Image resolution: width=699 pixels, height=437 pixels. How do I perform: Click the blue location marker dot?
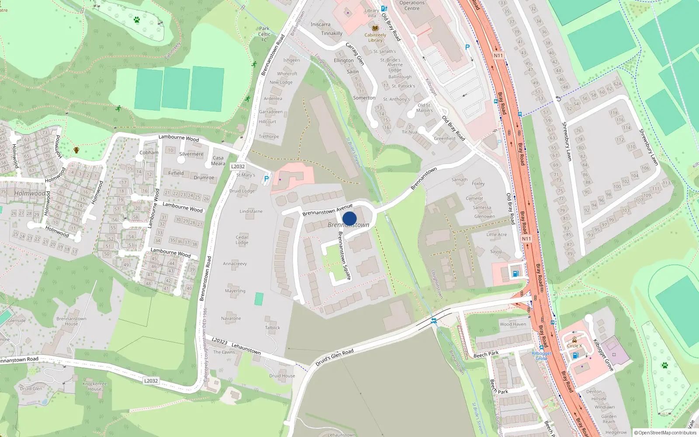pos(349,218)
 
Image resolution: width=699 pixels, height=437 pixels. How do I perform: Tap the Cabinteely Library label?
pos(375,38)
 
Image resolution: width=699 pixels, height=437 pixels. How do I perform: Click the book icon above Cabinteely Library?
pos(375,28)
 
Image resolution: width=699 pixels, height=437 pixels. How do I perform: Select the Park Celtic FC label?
pos(264,34)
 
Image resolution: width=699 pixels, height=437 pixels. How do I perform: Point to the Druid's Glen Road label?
pos(335,357)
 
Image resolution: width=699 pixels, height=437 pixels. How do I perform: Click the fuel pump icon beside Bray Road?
pos(516,274)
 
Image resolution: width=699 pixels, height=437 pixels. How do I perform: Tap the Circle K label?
pos(574,346)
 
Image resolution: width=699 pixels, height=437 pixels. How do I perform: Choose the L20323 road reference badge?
pos(219,341)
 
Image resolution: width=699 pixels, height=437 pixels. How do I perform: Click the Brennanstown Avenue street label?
pos(327,210)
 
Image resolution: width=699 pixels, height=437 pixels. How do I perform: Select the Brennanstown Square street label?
pos(344,255)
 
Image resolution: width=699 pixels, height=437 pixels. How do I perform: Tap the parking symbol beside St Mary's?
pos(266,179)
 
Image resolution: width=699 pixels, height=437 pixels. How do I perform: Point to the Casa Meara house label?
pos(218,161)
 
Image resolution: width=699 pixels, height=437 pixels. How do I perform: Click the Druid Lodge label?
pos(242,191)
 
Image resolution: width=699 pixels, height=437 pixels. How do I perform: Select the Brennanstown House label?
pos(71,321)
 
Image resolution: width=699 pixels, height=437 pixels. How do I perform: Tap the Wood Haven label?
pos(513,324)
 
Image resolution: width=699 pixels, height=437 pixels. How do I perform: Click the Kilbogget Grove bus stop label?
pos(542,356)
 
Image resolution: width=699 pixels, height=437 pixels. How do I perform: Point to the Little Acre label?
pos(497,235)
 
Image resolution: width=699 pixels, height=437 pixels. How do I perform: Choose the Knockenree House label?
pos(95,386)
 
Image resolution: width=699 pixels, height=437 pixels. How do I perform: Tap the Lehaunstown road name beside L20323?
pos(246,348)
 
